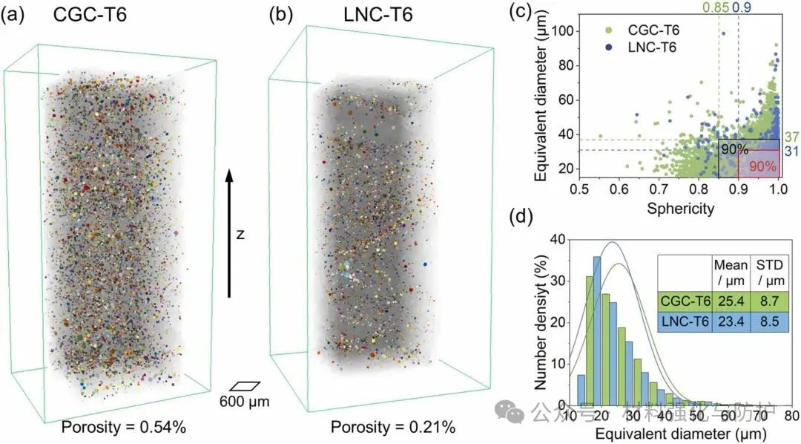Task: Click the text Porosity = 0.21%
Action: [392, 428]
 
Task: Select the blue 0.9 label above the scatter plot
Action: [741, 9]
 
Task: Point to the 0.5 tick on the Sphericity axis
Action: [579, 189]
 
